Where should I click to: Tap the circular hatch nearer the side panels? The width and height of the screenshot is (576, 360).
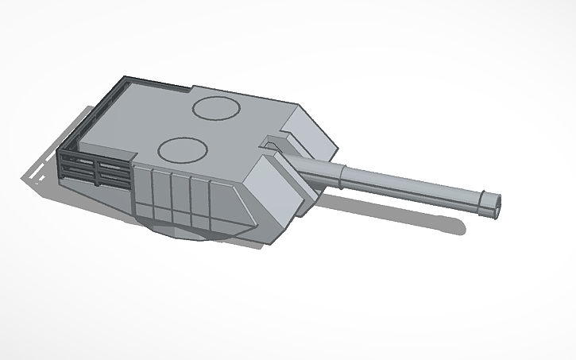click(183, 149)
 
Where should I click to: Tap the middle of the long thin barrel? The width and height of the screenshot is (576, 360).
click(413, 188)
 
